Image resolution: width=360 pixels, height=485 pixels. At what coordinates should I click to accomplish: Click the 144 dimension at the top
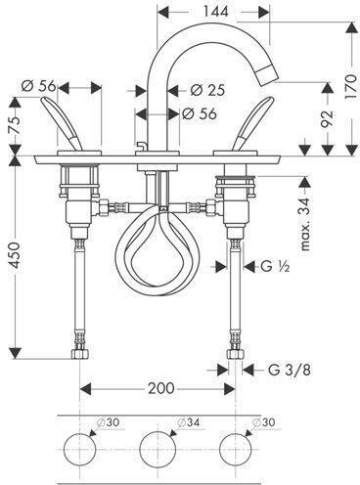point(216,12)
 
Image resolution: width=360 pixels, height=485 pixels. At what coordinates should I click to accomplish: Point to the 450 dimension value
point(16,255)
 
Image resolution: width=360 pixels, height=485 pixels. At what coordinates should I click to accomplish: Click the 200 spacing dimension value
point(161,388)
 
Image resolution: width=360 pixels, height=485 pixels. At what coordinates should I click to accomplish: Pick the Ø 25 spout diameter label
point(207,90)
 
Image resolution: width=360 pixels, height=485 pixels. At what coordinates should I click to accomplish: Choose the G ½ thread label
point(275,266)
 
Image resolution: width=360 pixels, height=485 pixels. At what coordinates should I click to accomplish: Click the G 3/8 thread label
point(290,370)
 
